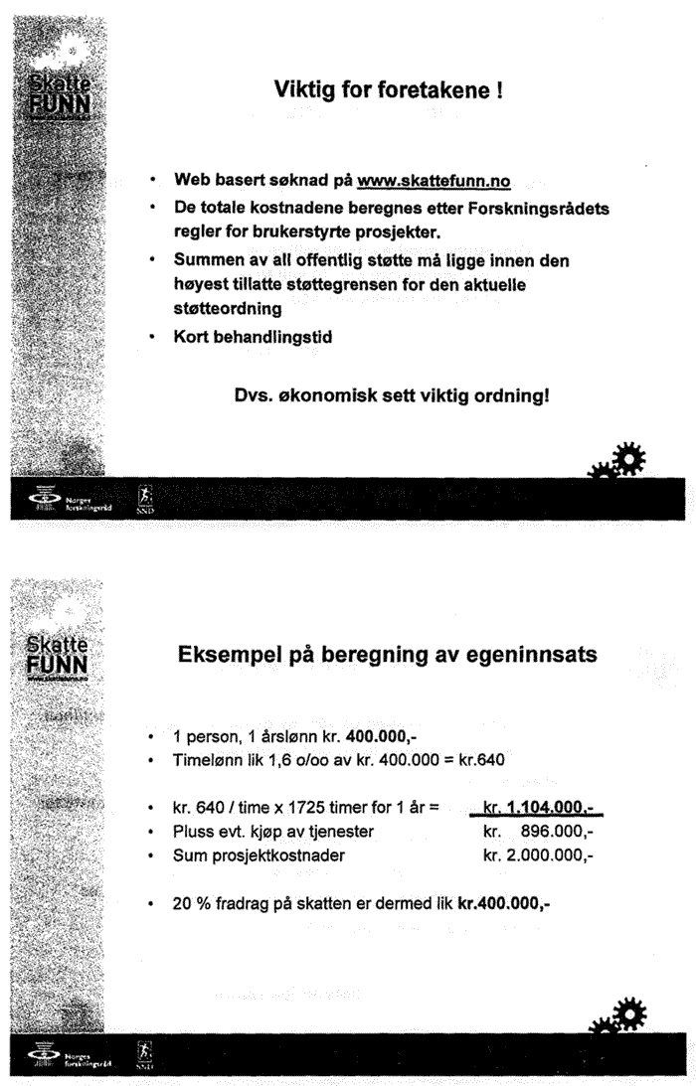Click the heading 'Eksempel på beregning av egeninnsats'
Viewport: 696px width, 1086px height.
[388, 655]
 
